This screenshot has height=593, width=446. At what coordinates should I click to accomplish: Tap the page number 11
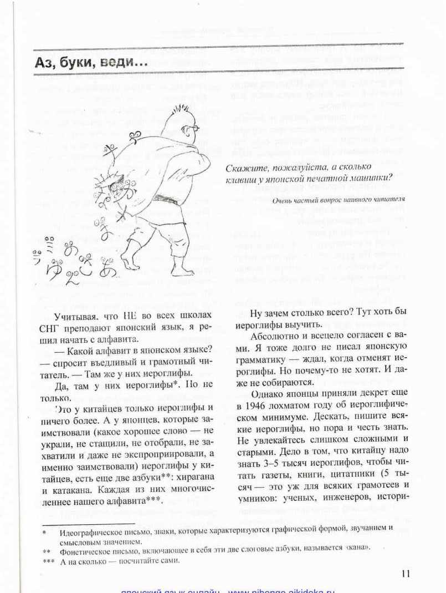point(405,574)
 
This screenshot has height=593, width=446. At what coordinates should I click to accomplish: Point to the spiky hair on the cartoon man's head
point(178,111)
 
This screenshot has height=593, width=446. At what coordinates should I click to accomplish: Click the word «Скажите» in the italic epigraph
point(245,167)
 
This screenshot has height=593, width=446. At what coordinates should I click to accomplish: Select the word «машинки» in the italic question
point(371,178)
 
